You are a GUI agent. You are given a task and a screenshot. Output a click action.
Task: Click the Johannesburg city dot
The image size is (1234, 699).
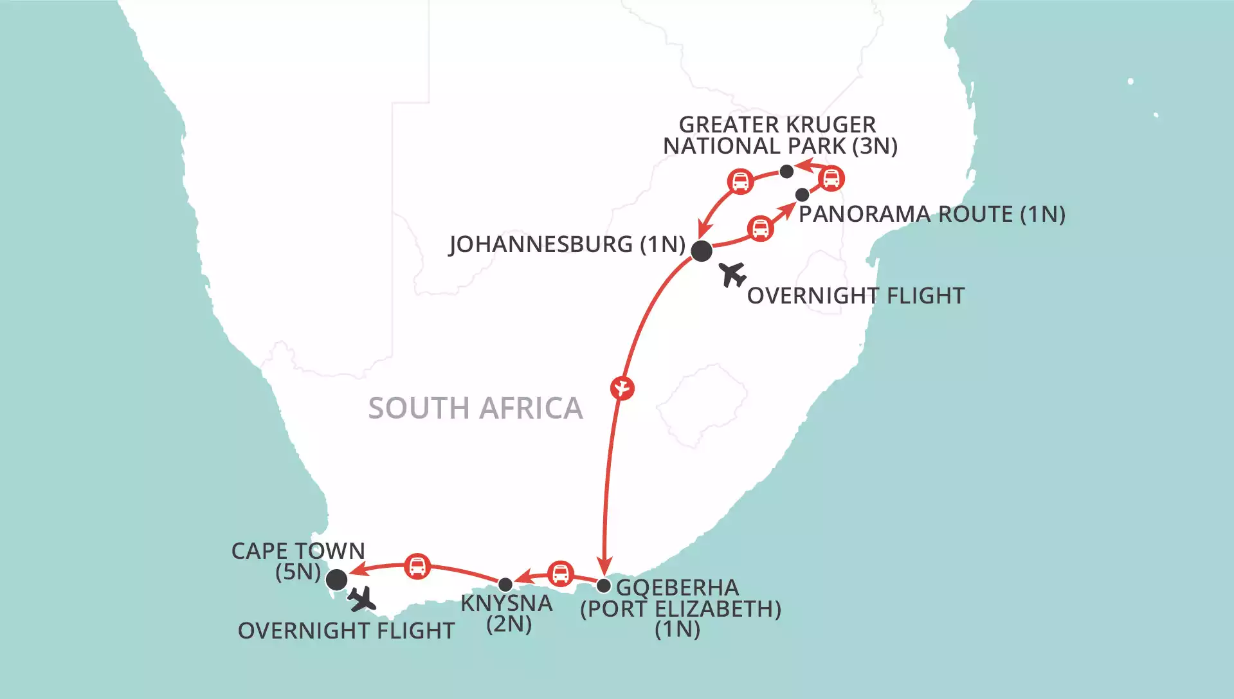[x=701, y=251]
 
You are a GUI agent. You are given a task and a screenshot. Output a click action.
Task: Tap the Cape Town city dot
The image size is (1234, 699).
[x=337, y=579]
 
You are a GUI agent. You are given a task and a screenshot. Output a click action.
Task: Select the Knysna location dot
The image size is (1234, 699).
[x=505, y=585]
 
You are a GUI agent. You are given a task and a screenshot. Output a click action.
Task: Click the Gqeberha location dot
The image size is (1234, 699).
[x=603, y=586]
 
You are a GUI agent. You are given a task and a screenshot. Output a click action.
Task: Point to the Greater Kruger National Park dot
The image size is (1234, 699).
[x=786, y=172]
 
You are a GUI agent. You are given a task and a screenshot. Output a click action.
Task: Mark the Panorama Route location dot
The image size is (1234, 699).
[x=802, y=194]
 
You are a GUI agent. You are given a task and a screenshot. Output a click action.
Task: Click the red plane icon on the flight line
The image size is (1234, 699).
[x=622, y=388]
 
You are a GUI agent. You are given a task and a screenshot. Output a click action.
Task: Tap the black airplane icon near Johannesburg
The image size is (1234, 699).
[x=732, y=275]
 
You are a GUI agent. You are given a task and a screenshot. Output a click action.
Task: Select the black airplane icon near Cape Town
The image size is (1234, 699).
[x=362, y=599]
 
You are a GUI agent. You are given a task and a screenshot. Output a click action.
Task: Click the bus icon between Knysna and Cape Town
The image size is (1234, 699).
[x=417, y=567]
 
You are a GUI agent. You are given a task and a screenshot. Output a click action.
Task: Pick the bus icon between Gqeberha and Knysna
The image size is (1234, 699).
[x=561, y=574]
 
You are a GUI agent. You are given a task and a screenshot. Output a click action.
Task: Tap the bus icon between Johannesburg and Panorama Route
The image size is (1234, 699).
[x=761, y=228]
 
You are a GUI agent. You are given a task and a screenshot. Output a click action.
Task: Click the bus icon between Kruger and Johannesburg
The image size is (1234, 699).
[x=740, y=181]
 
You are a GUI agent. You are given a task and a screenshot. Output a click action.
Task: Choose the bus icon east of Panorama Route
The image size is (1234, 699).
[x=831, y=178]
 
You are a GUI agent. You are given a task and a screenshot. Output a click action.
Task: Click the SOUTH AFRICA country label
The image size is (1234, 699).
[x=475, y=408]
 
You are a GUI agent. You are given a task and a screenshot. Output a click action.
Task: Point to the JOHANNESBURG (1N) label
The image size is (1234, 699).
[x=567, y=244]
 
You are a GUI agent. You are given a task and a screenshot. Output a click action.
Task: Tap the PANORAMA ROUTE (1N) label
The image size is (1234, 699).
[x=932, y=214]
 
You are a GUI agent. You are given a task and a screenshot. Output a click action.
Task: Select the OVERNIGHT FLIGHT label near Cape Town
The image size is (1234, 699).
[x=346, y=631]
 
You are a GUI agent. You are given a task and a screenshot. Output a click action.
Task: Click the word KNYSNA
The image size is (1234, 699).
[x=507, y=603]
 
